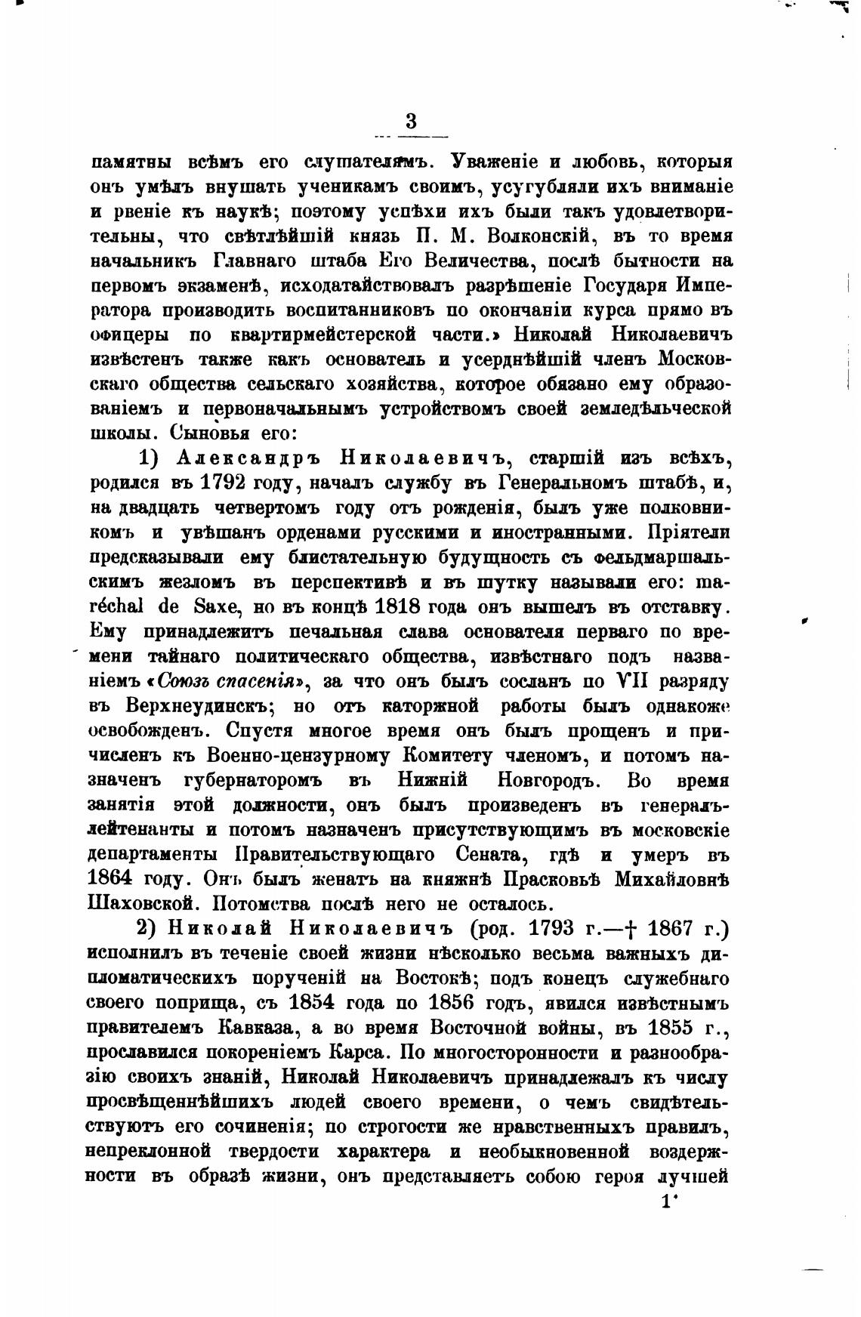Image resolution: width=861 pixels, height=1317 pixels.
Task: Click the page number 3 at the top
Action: click(411, 121)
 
